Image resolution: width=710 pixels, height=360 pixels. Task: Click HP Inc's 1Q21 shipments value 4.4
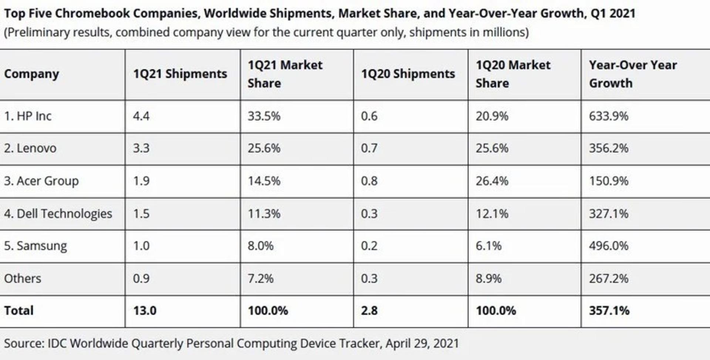point(141,116)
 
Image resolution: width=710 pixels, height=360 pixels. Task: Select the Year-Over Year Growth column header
point(633,74)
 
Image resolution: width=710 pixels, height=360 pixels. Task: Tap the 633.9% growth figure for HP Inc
point(609,116)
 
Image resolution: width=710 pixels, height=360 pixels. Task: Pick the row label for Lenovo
point(30,148)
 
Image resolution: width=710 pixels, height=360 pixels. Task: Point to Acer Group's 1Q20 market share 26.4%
point(492,181)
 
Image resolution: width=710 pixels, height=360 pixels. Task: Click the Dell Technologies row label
point(58,214)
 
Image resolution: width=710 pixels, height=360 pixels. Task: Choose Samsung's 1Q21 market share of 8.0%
point(261,246)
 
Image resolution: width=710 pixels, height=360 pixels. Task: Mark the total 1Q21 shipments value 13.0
point(145,310)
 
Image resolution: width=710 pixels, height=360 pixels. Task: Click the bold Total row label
point(19,310)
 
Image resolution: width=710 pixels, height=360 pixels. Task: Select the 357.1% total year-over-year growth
point(609,310)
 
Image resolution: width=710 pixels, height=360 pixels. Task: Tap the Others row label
point(23,278)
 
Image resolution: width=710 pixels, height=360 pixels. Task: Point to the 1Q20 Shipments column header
point(408,74)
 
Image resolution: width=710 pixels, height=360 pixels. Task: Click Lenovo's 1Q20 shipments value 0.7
point(369,148)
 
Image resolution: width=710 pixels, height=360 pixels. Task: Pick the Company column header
point(31,74)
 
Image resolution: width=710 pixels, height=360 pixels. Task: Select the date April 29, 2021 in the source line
point(422,344)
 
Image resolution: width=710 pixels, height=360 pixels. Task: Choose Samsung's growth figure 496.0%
point(609,246)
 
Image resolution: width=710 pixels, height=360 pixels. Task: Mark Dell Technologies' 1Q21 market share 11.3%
point(264,214)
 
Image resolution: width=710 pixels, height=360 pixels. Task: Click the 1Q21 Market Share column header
point(285,74)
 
